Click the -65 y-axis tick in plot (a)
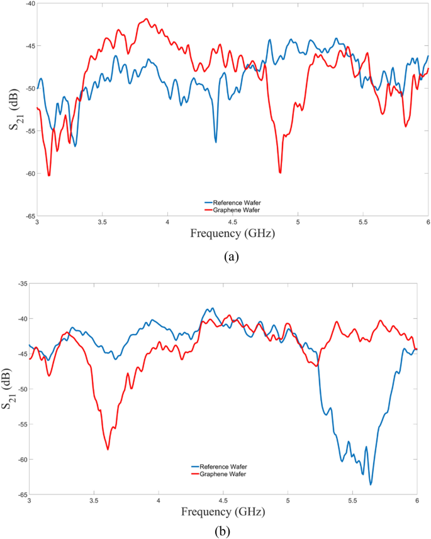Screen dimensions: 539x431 [x=29, y=216]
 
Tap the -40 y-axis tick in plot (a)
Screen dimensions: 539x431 [x=29, y=3]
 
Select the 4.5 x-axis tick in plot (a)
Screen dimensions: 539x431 [x=233, y=222]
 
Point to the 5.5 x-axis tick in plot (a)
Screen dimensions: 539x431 [x=363, y=222]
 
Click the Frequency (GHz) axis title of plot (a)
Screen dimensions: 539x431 [x=232, y=233]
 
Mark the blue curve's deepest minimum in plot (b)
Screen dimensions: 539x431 [x=371, y=484]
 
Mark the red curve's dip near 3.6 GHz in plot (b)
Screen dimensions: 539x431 [x=108, y=449]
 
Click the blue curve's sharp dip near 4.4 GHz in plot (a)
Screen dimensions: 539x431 [x=216, y=142]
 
